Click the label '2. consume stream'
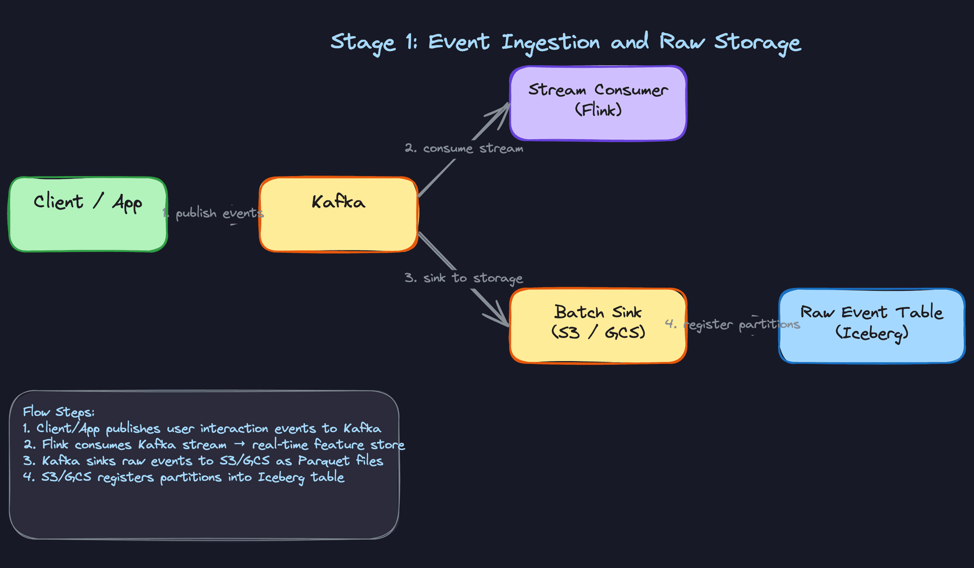pos(464,149)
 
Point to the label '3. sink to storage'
pos(464,278)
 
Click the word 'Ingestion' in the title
pos(550,43)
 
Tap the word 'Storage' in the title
pos(757,43)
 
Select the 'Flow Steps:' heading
pos(59,412)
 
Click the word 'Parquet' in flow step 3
pos(324,461)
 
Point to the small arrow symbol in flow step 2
pos(239,444)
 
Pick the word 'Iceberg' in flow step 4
pos(281,478)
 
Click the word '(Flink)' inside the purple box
pos(598,110)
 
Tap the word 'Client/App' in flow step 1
pos(67,429)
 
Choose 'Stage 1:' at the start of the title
pos(374,43)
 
